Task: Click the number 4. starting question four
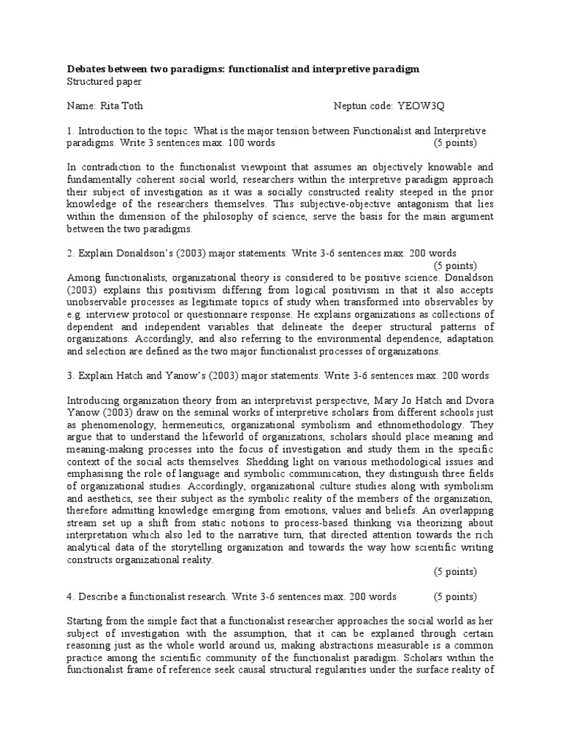pyautogui.click(x=71, y=595)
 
